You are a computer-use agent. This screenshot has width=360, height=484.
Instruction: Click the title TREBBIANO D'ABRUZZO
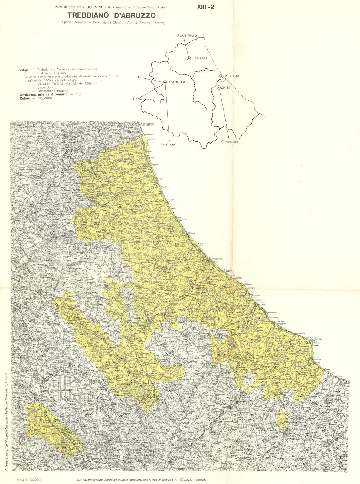click(111, 15)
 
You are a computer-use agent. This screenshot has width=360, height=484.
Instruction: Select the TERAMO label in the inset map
click(200, 58)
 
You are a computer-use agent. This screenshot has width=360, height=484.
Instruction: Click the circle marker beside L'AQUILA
click(165, 82)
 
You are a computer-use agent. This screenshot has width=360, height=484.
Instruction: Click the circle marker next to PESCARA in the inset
click(221, 76)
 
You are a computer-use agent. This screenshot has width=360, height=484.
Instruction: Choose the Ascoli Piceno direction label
click(187, 36)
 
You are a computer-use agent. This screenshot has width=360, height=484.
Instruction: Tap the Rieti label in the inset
click(140, 77)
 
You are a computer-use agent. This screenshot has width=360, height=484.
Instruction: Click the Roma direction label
click(137, 99)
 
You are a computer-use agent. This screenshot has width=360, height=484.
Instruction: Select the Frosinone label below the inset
click(168, 144)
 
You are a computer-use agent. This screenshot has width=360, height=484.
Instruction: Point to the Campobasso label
click(229, 142)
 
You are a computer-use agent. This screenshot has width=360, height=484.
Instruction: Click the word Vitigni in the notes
click(25, 70)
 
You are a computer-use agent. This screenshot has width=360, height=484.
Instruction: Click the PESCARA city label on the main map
click(217, 259)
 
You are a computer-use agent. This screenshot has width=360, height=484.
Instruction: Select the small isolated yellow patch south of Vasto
click(283, 420)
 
